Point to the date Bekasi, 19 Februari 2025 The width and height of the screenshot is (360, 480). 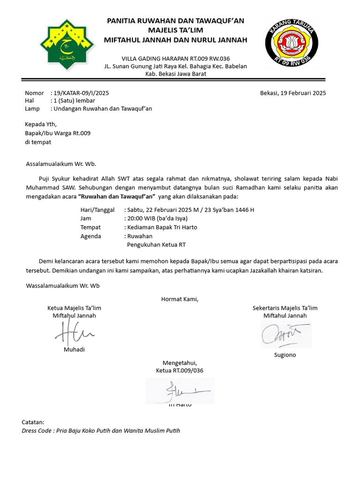point(292,93)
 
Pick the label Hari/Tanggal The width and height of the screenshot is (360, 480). point(97,210)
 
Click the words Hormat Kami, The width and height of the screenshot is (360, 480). point(180,299)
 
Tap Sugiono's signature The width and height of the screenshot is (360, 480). point(285,335)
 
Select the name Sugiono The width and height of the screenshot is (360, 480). point(285,355)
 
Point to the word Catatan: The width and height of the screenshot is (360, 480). point(33,422)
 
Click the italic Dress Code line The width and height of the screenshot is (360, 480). point(101,431)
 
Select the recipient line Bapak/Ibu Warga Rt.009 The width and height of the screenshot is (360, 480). point(58,133)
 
